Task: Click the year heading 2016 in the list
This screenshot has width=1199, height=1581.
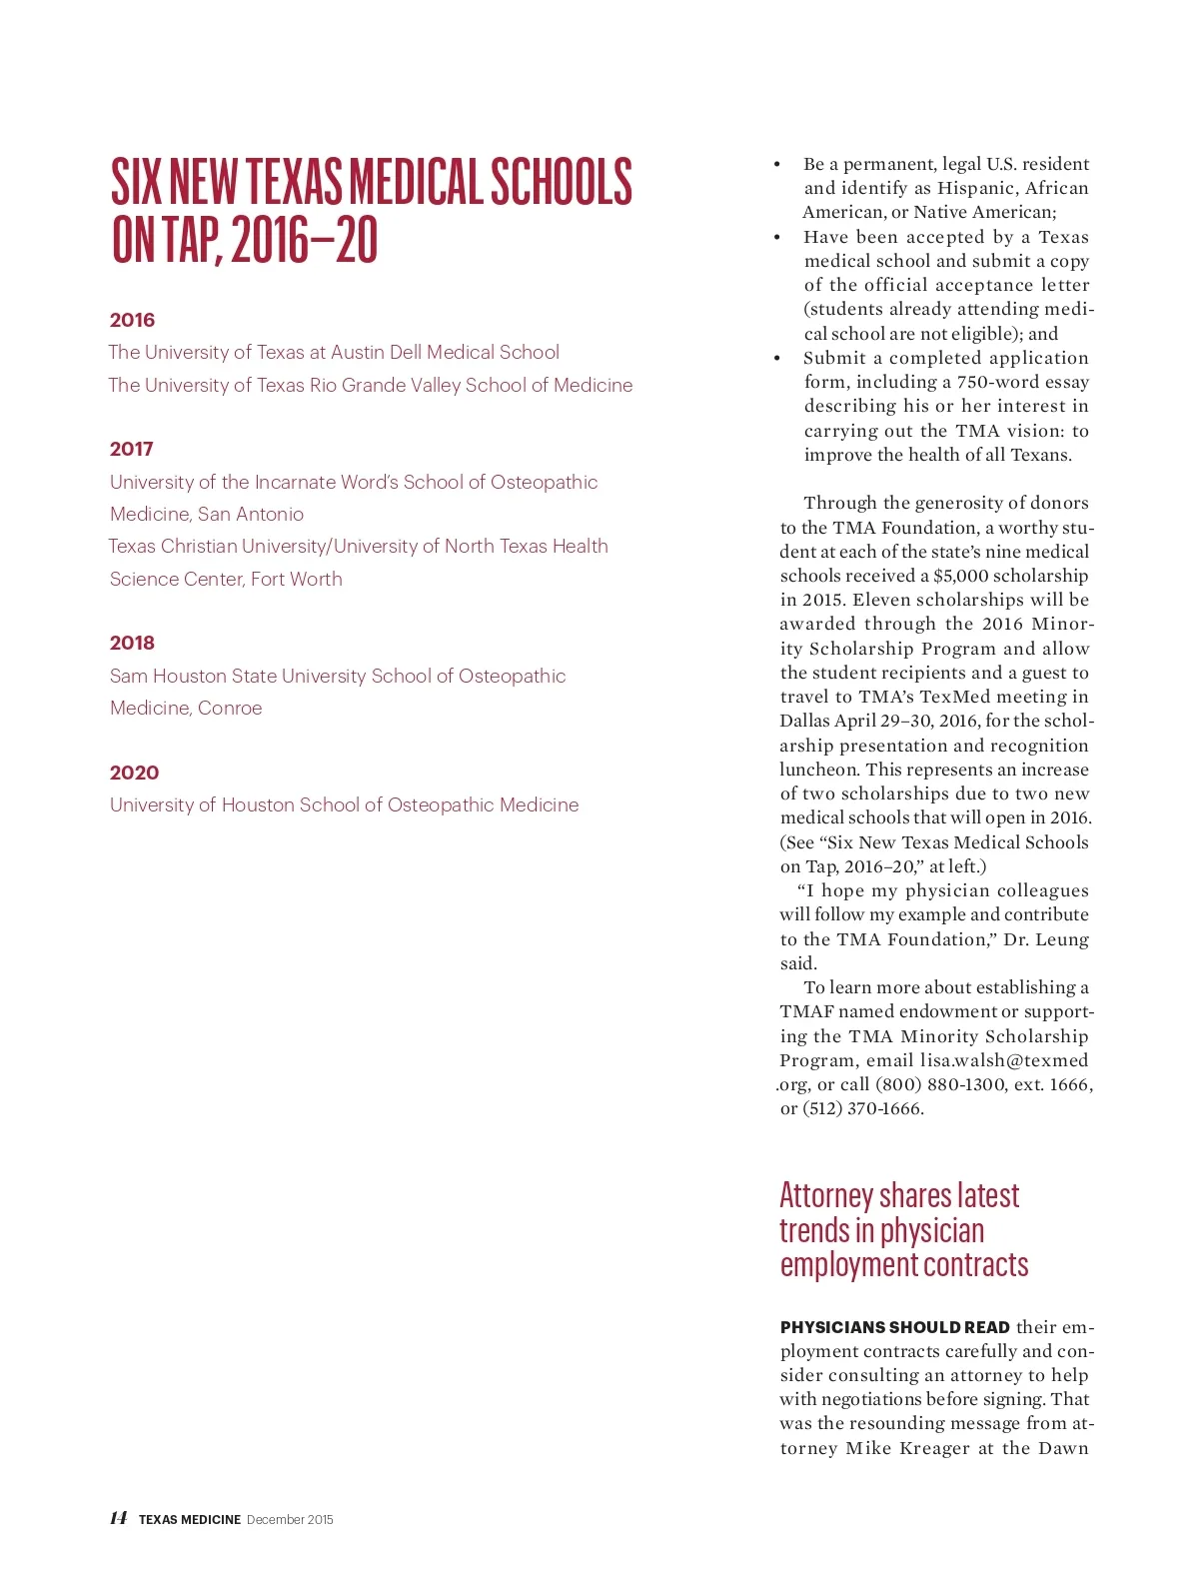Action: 132,320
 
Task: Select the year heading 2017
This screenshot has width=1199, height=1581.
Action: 132,449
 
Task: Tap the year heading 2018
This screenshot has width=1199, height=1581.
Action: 132,643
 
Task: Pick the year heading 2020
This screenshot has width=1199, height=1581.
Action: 134,773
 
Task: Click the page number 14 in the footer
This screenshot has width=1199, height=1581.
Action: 118,1518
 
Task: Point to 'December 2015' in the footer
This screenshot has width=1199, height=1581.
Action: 290,1520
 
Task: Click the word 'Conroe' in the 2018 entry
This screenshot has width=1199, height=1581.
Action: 230,708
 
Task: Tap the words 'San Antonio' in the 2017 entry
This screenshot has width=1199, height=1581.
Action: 251,514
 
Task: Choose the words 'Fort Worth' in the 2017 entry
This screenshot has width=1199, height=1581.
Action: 296,579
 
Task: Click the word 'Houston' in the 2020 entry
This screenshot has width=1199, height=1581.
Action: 259,804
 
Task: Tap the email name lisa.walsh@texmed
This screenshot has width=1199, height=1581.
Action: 1004,1060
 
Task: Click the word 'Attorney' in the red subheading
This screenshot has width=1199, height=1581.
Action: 826,1195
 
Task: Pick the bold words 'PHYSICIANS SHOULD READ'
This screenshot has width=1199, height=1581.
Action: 894,1327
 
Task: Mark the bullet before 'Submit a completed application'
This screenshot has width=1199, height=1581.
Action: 776,358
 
